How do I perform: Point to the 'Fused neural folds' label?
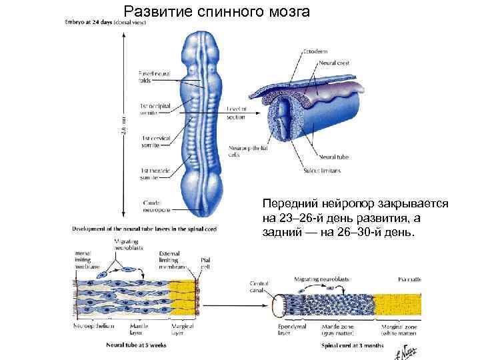(153, 77)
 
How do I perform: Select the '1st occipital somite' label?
(153, 109)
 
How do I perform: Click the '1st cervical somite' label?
(155, 142)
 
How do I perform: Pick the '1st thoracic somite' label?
(154, 175)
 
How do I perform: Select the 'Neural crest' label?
(335, 63)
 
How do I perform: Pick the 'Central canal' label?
(259, 288)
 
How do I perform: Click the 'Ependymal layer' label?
(291, 331)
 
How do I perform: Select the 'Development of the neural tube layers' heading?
(144, 229)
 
